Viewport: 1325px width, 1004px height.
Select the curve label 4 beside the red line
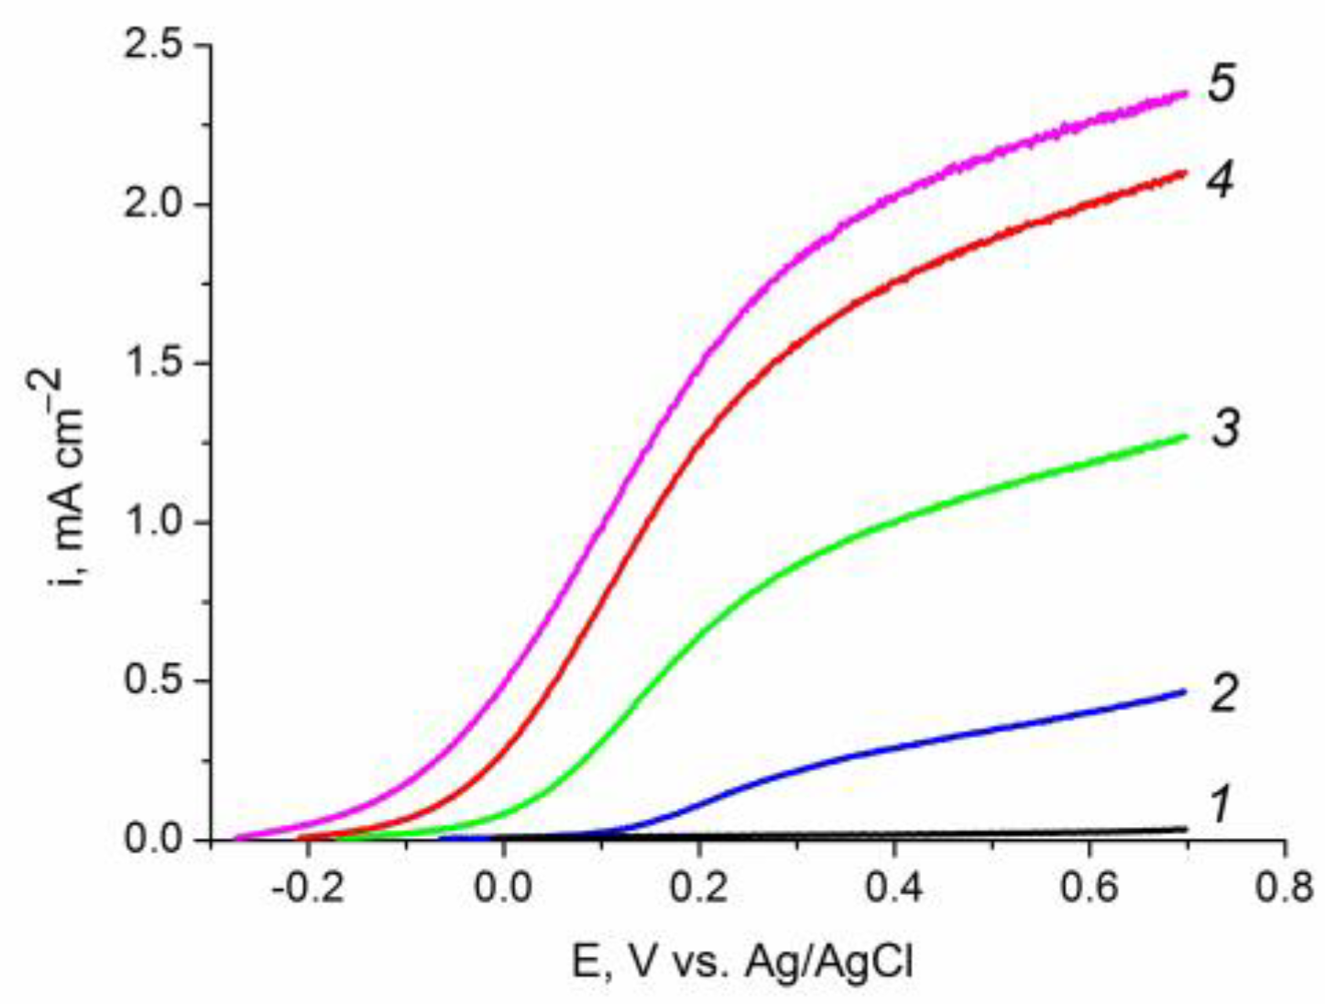[x=1220, y=181]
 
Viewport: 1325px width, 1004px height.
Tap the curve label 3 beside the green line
[x=1225, y=429]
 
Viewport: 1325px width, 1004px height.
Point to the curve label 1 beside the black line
[x=1220, y=806]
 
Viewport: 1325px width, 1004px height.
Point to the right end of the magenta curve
[x=1186, y=94]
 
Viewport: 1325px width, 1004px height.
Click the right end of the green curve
[x=1186, y=436]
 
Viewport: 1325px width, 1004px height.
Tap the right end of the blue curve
[x=1186, y=691]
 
